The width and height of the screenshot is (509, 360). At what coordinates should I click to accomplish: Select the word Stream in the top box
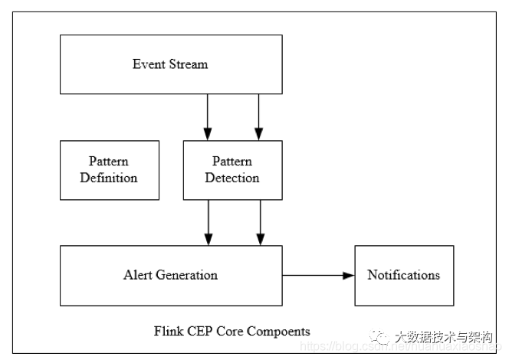click(x=188, y=64)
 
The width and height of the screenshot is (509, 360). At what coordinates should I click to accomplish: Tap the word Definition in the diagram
click(x=109, y=178)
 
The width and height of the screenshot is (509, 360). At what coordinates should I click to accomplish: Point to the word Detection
click(x=232, y=178)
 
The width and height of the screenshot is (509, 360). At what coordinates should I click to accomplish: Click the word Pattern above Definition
click(x=109, y=162)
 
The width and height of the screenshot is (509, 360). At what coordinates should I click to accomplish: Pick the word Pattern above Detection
click(x=232, y=162)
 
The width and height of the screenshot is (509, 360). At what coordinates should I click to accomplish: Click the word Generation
click(x=187, y=275)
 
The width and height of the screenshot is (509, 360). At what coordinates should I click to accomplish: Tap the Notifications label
click(x=404, y=275)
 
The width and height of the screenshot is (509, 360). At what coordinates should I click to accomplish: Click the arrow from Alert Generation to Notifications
click(x=318, y=275)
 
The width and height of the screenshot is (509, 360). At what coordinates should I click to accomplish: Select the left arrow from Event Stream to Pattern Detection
click(x=208, y=117)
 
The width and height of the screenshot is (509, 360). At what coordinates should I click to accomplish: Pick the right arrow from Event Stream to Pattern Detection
click(x=258, y=117)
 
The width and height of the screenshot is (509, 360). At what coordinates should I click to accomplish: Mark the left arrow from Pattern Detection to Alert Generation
click(x=208, y=222)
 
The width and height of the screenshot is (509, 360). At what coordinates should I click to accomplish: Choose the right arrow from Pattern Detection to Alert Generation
click(x=260, y=222)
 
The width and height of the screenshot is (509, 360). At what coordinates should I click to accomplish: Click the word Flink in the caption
click(x=168, y=332)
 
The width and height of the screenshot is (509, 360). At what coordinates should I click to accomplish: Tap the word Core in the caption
click(x=228, y=332)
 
